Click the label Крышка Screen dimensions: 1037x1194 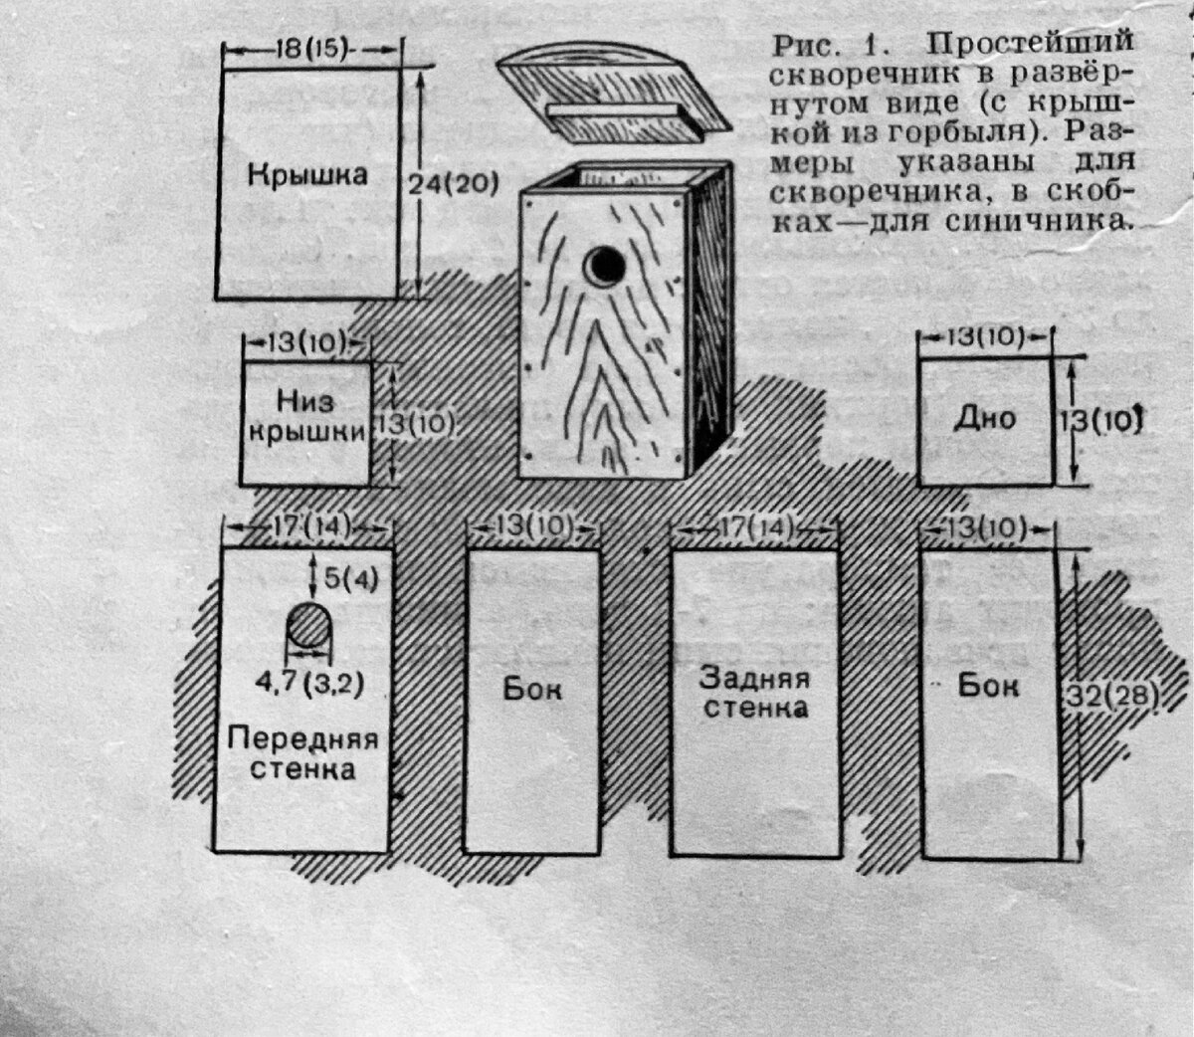(x=307, y=176)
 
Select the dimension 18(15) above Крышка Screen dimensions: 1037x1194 (x=309, y=49)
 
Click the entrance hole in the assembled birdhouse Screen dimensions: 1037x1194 (x=605, y=265)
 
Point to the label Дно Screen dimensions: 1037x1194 (x=983, y=418)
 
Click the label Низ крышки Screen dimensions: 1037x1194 (x=306, y=417)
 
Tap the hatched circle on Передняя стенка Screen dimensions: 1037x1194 (x=308, y=629)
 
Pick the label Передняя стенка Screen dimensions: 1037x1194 (x=303, y=753)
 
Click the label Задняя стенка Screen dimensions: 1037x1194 (x=753, y=694)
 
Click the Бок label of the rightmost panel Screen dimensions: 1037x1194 (x=988, y=686)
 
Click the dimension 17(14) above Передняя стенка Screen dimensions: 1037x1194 (x=303, y=524)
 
